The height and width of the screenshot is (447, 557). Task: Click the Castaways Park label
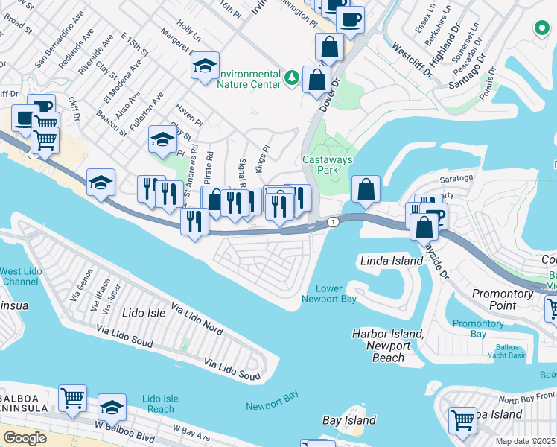tap(328, 165)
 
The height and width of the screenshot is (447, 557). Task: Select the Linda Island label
tap(391, 261)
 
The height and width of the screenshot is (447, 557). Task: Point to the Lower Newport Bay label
tap(328, 294)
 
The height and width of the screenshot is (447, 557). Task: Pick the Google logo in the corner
tap(25, 437)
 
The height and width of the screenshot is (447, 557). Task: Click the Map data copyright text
tap(524, 441)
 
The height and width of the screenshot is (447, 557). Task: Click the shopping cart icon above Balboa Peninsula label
tap(72, 399)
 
